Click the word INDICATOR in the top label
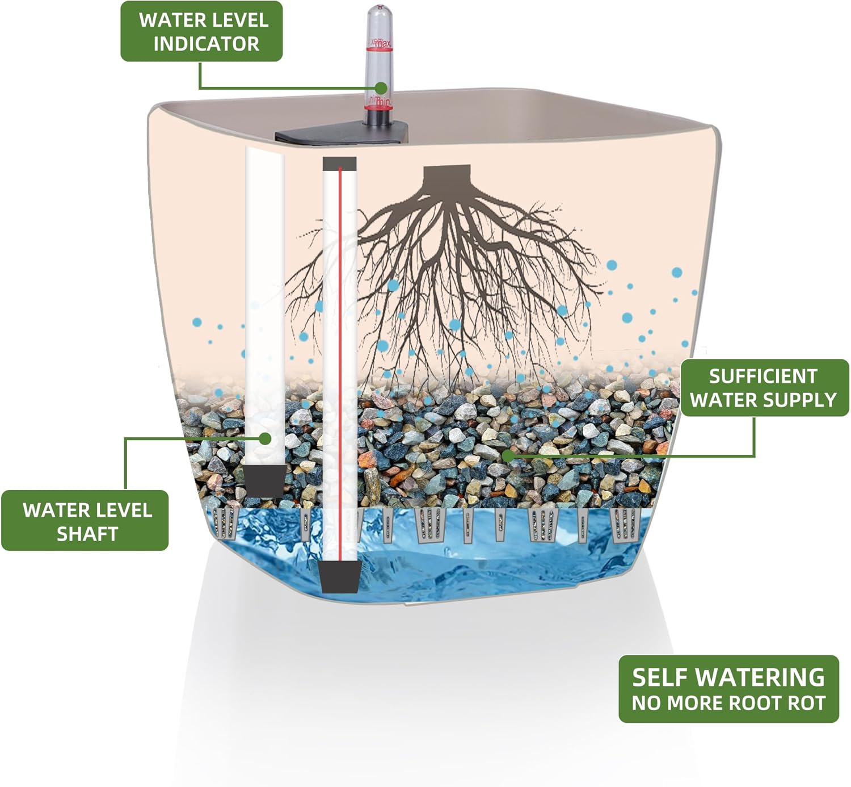click(x=206, y=44)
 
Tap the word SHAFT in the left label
click(x=87, y=534)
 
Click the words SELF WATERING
click(x=728, y=677)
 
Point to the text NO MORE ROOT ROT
click(x=728, y=703)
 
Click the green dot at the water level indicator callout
click(x=381, y=88)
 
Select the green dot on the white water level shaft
click(x=265, y=438)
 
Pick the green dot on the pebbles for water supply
click(x=508, y=455)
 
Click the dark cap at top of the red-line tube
click(x=339, y=164)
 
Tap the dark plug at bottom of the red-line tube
click(x=339, y=577)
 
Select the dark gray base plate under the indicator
click(x=340, y=135)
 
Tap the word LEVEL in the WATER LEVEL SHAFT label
click(x=123, y=510)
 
